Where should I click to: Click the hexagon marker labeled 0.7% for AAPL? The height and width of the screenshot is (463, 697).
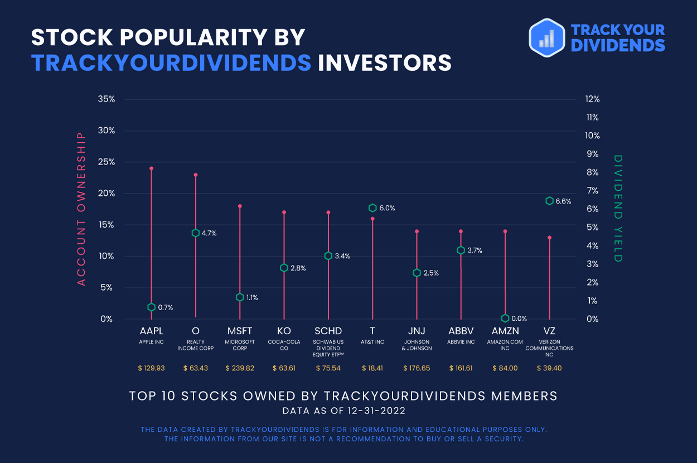[x=151, y=307]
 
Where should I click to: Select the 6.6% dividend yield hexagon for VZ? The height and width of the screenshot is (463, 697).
[x=549, y=201]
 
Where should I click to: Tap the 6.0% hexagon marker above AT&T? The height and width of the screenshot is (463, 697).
[x=372, y=208]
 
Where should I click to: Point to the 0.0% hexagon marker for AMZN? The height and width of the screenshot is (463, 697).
[x=505, y=318]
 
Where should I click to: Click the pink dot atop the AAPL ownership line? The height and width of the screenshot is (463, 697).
[x=151, y=168]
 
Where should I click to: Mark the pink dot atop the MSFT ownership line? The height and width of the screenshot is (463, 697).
[x=240, y=206]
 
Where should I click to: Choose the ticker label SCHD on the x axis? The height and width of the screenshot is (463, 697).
[x=328, y=331]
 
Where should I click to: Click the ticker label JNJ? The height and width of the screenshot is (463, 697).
[x=417, y=331]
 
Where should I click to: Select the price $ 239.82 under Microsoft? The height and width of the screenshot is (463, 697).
[x=240, y=368]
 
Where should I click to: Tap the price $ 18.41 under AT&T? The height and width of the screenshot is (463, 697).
[x=372, y=368]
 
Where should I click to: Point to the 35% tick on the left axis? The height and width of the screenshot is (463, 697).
[x=106, y=99]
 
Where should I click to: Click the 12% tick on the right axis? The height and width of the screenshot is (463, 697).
[x=592, y=99]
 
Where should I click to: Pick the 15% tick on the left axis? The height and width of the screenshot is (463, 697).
[x=106, y=225]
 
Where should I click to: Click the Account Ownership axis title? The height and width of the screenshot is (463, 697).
[x=81, y=209]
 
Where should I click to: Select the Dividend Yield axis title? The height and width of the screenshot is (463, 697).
[x=617, y=209]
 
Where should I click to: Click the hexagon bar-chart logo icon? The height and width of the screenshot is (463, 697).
[x=546, y=37]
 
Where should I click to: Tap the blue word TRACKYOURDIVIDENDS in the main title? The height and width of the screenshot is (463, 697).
[x=171, y=62]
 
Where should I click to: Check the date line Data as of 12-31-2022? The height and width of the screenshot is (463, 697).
[x=343, y=411]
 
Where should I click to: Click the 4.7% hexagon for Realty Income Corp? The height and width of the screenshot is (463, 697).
[x=196, y=233]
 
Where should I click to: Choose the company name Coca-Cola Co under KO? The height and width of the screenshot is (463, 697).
[x=284, y=345]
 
